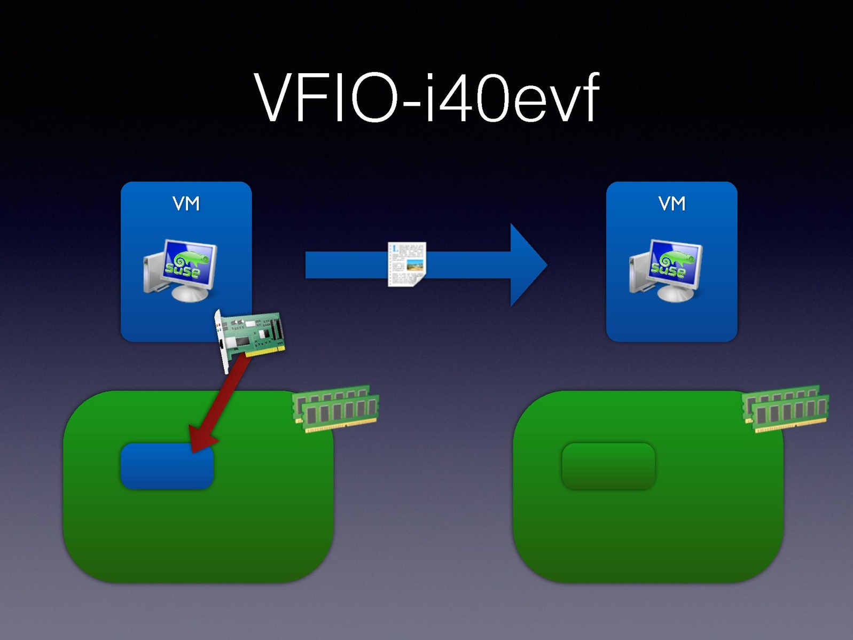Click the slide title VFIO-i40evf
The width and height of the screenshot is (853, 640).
pos(426,98)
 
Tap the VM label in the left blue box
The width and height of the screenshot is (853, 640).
pos(186,204)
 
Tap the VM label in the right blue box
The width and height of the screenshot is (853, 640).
pos(671,204)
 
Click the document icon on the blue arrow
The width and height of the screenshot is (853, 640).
pos(407,264)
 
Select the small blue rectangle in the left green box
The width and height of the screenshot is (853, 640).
pos(167,466)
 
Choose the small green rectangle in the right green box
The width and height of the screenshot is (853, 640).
pos(608,466)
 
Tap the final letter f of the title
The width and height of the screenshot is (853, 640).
pos(586,97)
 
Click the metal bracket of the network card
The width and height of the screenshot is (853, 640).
pos(223,342)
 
